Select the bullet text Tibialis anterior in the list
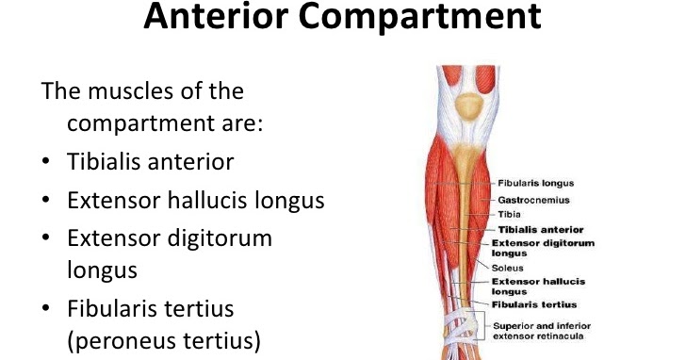[x=150, y=161]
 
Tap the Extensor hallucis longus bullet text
[x=196, y=201]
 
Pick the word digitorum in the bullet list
[x=216, y=238]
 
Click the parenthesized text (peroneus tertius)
[x=163, y=340]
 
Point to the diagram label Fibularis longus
[x=535, y=182]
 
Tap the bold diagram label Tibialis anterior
[x=539, y=229]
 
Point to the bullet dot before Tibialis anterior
[x=46, y=162]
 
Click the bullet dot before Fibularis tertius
[x=46, y=310]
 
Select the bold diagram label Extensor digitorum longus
[x=543, y=248]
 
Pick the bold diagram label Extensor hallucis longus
[x=538, y=286]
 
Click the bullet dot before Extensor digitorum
[x=46, y=239]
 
